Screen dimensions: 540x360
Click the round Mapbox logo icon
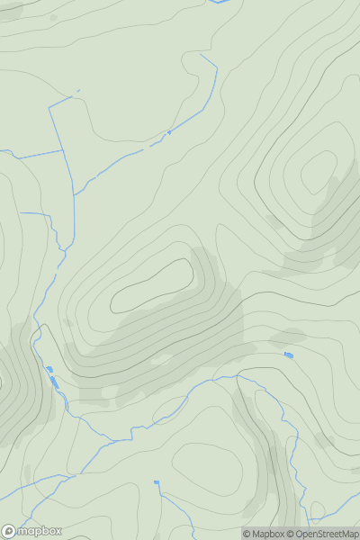pos(9,531)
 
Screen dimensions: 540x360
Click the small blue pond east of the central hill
pos(288,355)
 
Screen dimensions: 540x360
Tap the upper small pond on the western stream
pos(49,369)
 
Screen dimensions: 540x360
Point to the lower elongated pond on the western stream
pos(55,382)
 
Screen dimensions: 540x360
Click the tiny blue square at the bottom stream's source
pos(156,482)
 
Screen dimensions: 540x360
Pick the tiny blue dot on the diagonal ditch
pos(168,132)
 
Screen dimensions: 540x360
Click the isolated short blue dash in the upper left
pos(77,90)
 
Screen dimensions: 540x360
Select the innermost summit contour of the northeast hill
pos(317,171)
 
